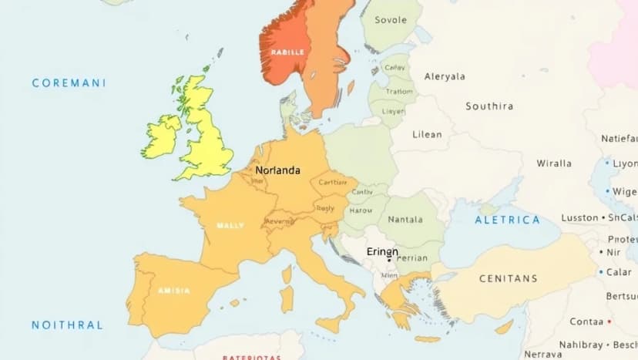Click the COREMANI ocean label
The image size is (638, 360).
(x=69, y=82)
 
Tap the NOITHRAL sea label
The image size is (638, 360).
(x=67, y=325)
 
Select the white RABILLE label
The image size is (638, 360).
(x=287, y=52)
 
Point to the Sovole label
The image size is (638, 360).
(x=391, y=20)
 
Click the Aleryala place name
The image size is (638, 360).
(x=445, y=76)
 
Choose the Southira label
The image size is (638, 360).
(x=489, y=106)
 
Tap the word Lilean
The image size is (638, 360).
(x=428, y=134)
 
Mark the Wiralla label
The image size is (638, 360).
(x=554, y=163)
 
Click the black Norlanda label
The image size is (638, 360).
(x=277, y=170)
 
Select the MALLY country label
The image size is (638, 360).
(x=230, y=225)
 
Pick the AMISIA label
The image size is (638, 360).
(x=173, y=290)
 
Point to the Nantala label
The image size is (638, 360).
(x=405, y=220)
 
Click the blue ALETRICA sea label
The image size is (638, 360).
(x=507, y=220)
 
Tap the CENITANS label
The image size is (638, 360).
(x=508, y=278)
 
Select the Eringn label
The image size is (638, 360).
(x=382, y=251)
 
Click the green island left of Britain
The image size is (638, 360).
(x=161, y=136)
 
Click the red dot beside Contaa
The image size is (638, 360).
(x=609, y=321)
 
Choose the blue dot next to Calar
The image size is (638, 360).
(x=600, y=272)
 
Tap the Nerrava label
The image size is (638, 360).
(x=542, y=354)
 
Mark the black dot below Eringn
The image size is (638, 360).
(x=388, y=260)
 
